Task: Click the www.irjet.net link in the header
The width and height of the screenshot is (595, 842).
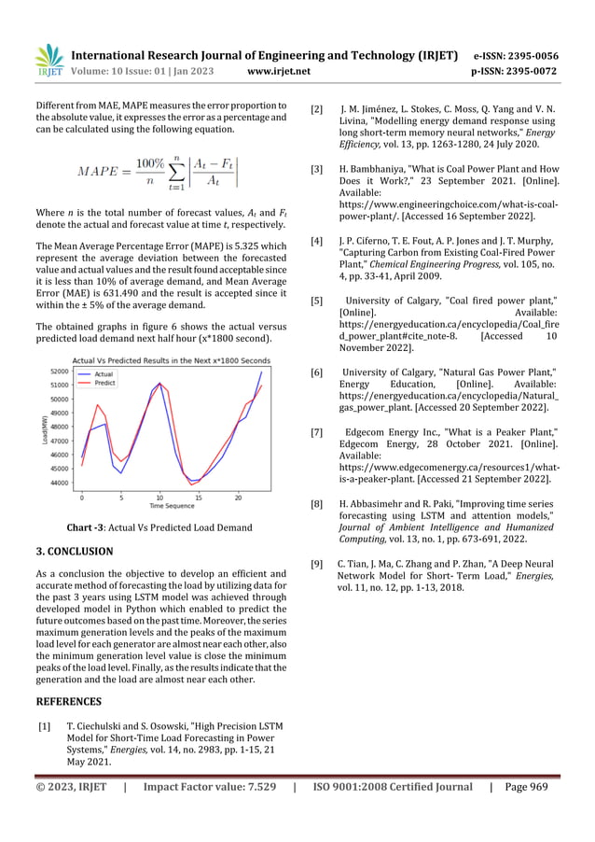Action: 279,70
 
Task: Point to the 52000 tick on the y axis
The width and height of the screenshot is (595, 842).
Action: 58,372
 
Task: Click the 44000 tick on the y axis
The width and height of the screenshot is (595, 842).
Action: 58,483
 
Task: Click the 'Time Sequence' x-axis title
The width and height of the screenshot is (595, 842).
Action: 172,506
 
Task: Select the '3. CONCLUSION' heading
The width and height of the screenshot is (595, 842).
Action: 74,552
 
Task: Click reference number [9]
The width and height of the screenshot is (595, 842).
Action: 317,564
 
